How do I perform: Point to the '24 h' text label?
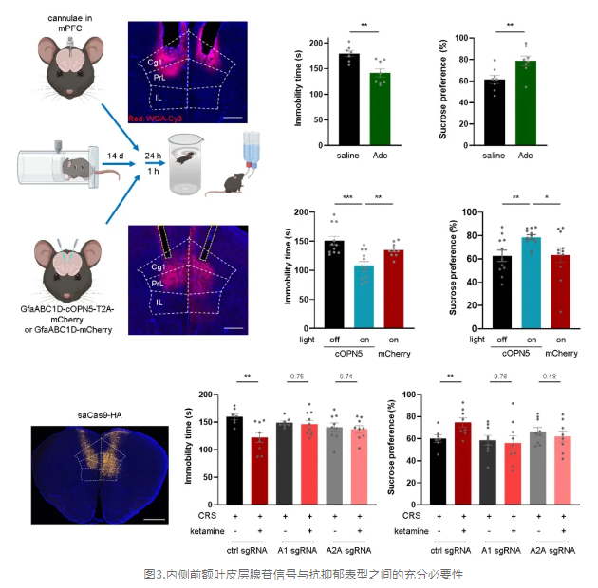pos(152,153)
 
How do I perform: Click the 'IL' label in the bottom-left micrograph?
pos(158,303)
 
